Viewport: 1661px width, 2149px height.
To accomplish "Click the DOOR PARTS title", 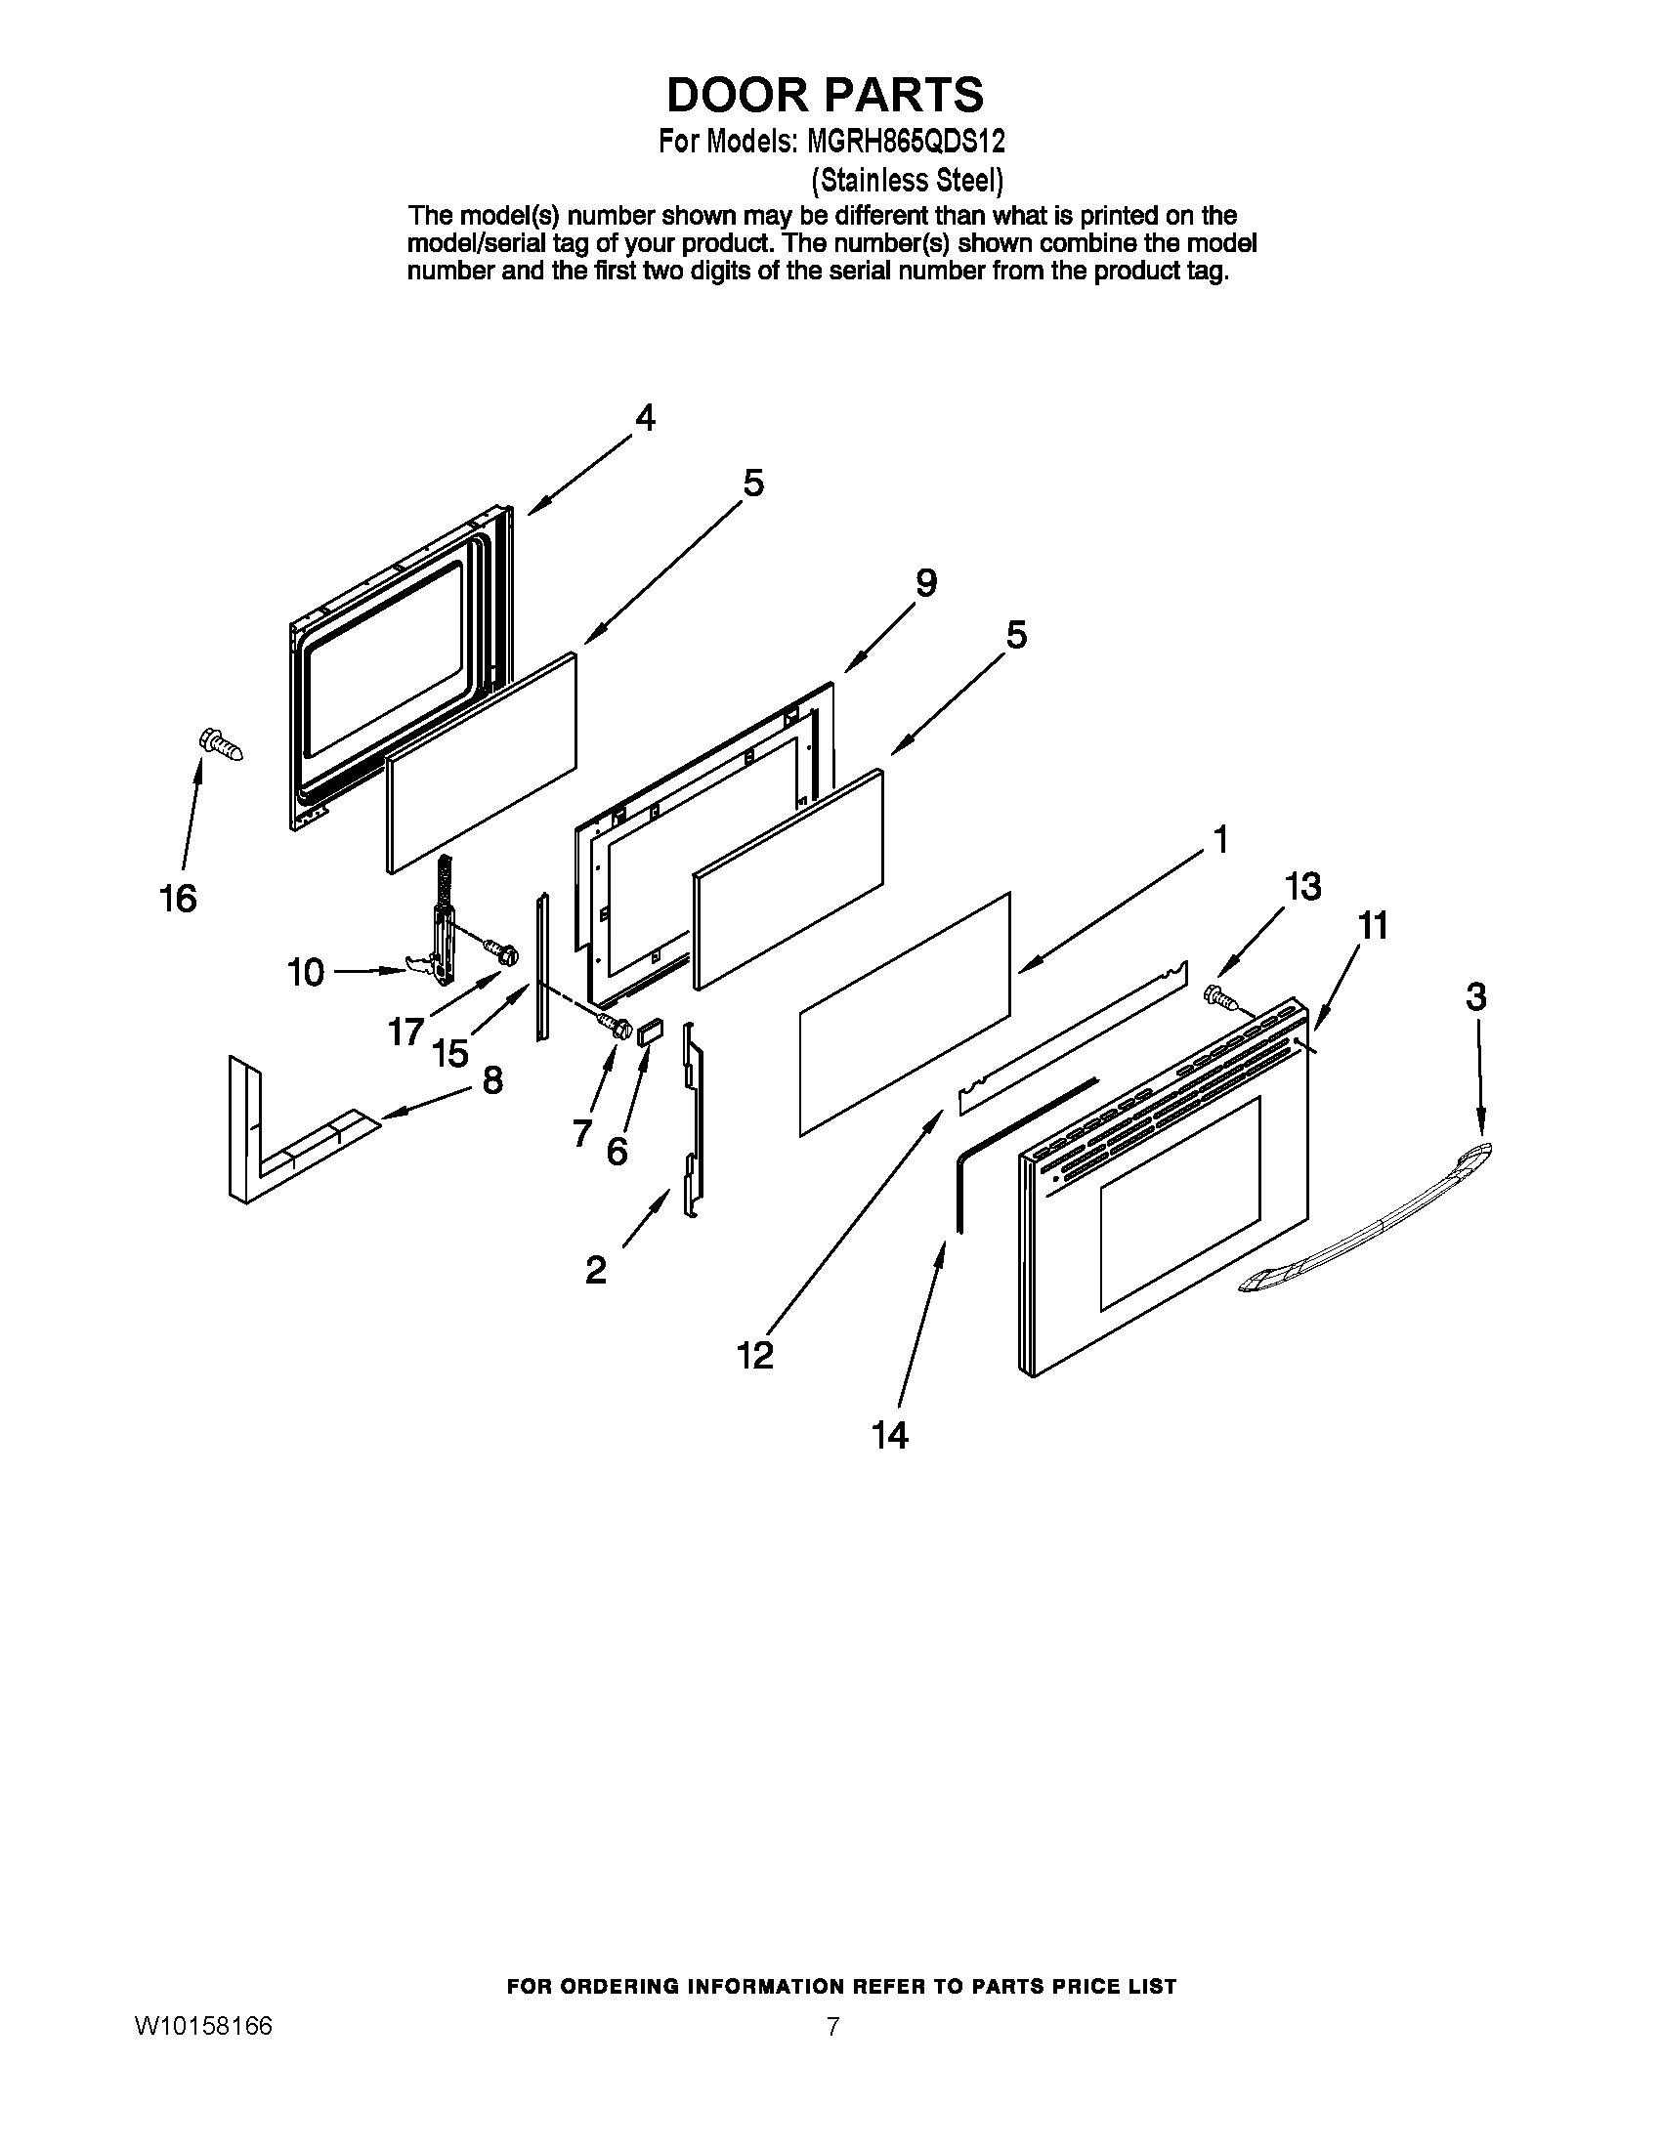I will tap(825, 95).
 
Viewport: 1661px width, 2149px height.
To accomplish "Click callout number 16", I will tap(178, 898).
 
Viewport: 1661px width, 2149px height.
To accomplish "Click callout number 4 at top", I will tap(645, 418).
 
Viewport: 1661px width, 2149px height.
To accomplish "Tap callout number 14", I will tap(889, 1436).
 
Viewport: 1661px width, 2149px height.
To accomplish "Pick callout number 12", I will tap(755, 1356).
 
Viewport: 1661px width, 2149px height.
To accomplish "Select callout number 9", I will tap(926, 583).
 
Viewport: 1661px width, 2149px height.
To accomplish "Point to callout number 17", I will tap(405, 1032).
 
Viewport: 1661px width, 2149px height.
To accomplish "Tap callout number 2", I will tap(595, 1270).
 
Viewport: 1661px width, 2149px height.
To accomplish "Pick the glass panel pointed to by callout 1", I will tap(906, 1014).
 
